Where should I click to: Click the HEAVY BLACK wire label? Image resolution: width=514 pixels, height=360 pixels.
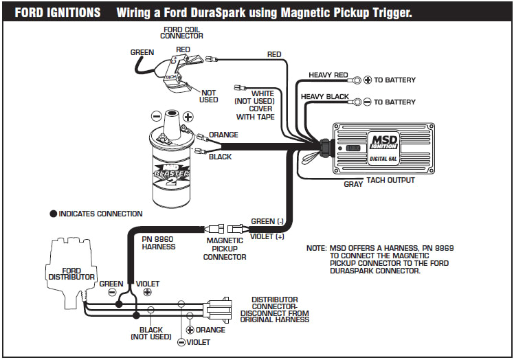324,97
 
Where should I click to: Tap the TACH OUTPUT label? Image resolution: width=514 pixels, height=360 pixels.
390,181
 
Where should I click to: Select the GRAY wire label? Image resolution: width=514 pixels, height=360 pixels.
353,184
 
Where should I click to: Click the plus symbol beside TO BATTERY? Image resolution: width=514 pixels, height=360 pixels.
367,80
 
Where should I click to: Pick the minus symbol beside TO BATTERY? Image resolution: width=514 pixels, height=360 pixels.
367,102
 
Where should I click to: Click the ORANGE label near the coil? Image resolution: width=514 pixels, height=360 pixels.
223,135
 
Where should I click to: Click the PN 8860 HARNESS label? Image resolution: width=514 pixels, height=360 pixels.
158,244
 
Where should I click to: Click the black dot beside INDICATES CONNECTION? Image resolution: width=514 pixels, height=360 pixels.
53,214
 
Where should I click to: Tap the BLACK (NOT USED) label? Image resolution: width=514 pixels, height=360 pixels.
150,333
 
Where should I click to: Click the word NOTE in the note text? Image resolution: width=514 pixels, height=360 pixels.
317,247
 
